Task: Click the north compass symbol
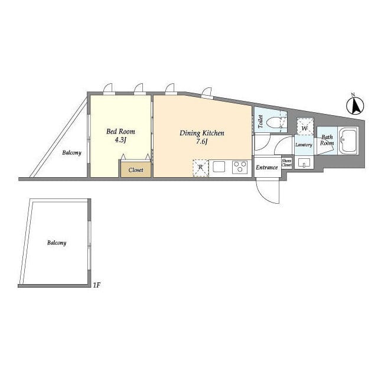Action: pos(355,105)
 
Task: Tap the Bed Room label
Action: pos(120,131)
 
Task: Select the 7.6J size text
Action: pos(202,141)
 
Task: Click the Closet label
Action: pos(136,170)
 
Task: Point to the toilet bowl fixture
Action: pos(275,123)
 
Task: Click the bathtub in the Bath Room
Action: pos(348,141)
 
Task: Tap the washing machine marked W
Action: pos(305,126)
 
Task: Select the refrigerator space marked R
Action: pos(201,168)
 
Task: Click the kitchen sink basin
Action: pos(219,167)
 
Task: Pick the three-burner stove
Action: pos(240,167)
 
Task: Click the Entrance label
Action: pos(266,167)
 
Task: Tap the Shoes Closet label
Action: pos(286,163)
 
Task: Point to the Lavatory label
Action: pos(304,145)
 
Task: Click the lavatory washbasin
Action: pos(304,163)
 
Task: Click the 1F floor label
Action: pos(97,285)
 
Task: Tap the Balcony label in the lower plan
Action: pos(57,243)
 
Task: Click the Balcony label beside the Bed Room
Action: pos(71,152)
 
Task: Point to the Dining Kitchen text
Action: pos(202,133)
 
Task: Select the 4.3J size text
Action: pos(120,140)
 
